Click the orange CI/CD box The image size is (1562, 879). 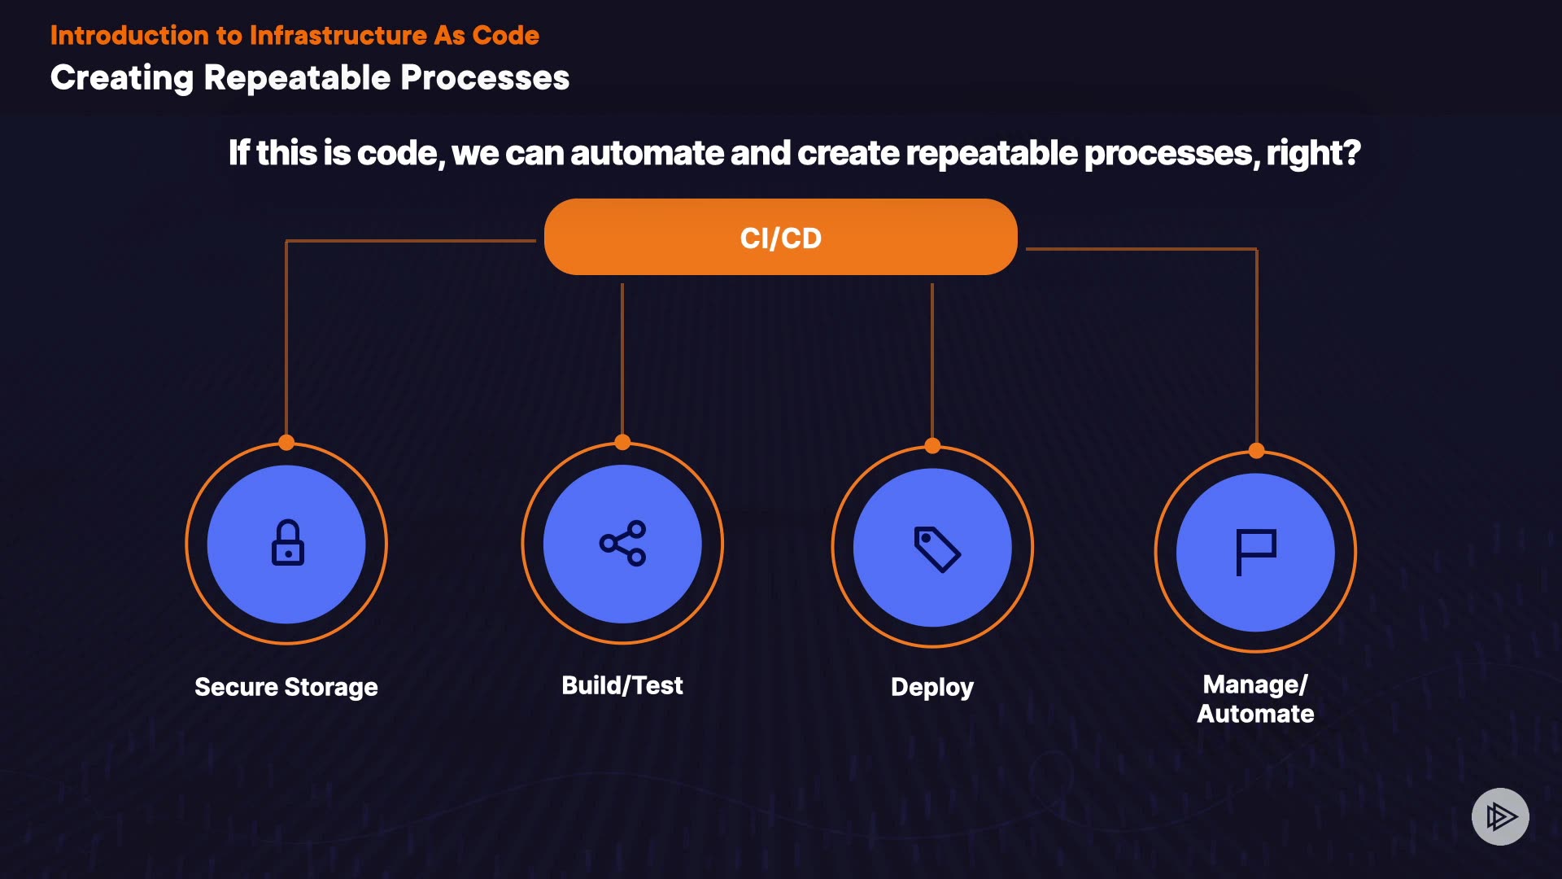[780, 237]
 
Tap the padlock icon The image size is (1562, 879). [287, 543]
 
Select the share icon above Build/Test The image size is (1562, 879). [622, 543]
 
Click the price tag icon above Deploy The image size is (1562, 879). [936, 549]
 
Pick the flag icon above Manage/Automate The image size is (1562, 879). [1255, 552]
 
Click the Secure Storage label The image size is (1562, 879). [286, 687]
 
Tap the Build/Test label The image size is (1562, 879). [622, 685]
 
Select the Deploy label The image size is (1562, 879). [932, 688]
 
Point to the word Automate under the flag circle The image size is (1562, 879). [1255, 714]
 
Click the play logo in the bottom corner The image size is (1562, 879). [1500, 816]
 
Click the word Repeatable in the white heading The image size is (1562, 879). [297, 78]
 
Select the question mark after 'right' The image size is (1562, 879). [1351, 152]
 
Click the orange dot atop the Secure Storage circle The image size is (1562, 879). [286, 443]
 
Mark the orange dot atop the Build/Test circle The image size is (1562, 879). [622, 443]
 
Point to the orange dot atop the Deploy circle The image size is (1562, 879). [932, 446]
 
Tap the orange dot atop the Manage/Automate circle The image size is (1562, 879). [1257, 451]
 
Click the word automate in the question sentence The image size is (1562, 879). [647, 153]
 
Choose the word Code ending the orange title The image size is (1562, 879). [505, 36]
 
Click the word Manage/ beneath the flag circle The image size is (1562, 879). [1255, 684]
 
